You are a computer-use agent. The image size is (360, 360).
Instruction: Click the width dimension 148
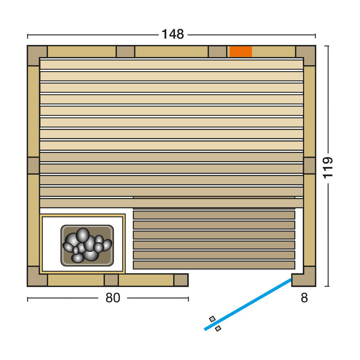173,35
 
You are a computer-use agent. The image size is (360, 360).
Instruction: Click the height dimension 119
328,168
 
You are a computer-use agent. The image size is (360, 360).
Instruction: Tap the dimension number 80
113,298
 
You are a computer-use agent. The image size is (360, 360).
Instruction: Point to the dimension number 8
304,298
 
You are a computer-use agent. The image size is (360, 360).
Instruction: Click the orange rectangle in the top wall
241,51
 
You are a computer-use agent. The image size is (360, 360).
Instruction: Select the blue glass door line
248,304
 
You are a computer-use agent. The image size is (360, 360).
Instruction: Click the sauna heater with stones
87,245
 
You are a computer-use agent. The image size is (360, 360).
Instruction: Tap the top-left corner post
37,55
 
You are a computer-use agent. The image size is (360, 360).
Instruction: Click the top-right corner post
306,55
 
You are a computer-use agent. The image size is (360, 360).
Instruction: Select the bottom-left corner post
37,277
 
